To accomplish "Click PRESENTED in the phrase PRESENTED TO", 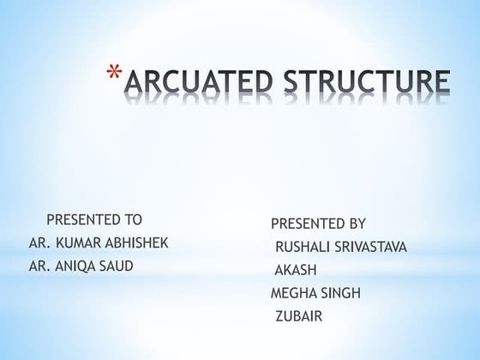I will (82, 220).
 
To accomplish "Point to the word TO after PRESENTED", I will (131, 220).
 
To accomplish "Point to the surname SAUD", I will (117, 267).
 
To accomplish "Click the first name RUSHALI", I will (304, 249).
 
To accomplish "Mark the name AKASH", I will (294, 272).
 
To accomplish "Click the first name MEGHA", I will (292, 295).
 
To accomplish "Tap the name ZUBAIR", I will (298, 318).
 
